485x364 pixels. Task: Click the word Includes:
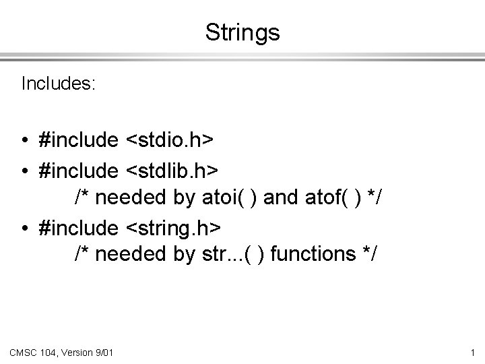click(59, 84)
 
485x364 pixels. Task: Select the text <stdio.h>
click(169, 140)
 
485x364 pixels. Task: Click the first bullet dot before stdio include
click(24, 140)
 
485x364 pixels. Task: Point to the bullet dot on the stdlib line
click(24, 169)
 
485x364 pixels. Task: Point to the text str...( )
click(230, 254)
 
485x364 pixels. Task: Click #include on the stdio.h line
click(78, 140)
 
